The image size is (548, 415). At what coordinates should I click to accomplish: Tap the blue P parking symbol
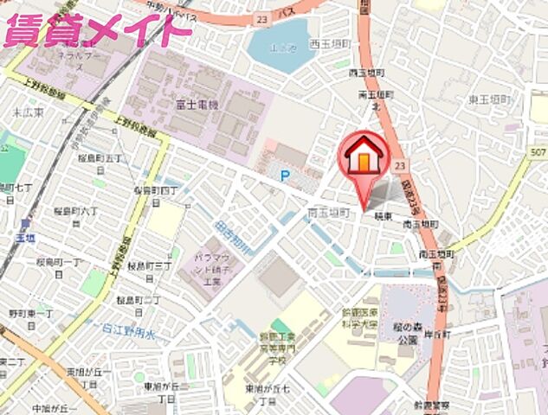click(x=284, y=175)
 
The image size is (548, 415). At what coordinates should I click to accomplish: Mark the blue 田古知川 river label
click(x=229, y=236)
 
